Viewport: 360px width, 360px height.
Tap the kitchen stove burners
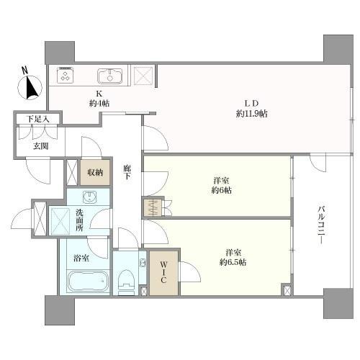coord(65,74)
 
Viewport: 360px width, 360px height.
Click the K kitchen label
coord(99,93)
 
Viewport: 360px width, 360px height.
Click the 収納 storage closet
coord(96,171)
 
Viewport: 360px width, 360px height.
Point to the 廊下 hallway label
coord(127,173)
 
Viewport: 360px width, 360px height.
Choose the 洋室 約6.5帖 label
coord(232,258)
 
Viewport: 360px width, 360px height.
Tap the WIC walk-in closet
coord(163,272)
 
